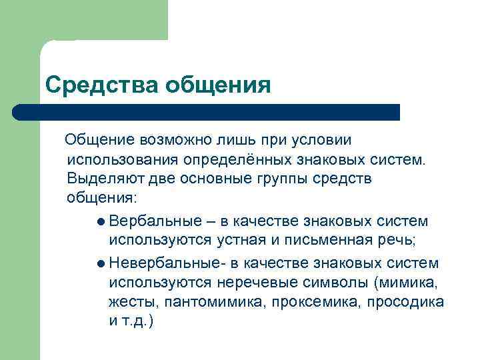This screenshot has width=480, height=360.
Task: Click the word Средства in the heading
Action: coord(92,85)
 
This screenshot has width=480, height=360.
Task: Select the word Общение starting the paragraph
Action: coord(99,141)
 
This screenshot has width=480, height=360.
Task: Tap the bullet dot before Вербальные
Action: coord(100,221)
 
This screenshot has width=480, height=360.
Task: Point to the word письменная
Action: coord(328,240)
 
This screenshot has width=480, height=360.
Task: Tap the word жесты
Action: coord(131,301)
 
